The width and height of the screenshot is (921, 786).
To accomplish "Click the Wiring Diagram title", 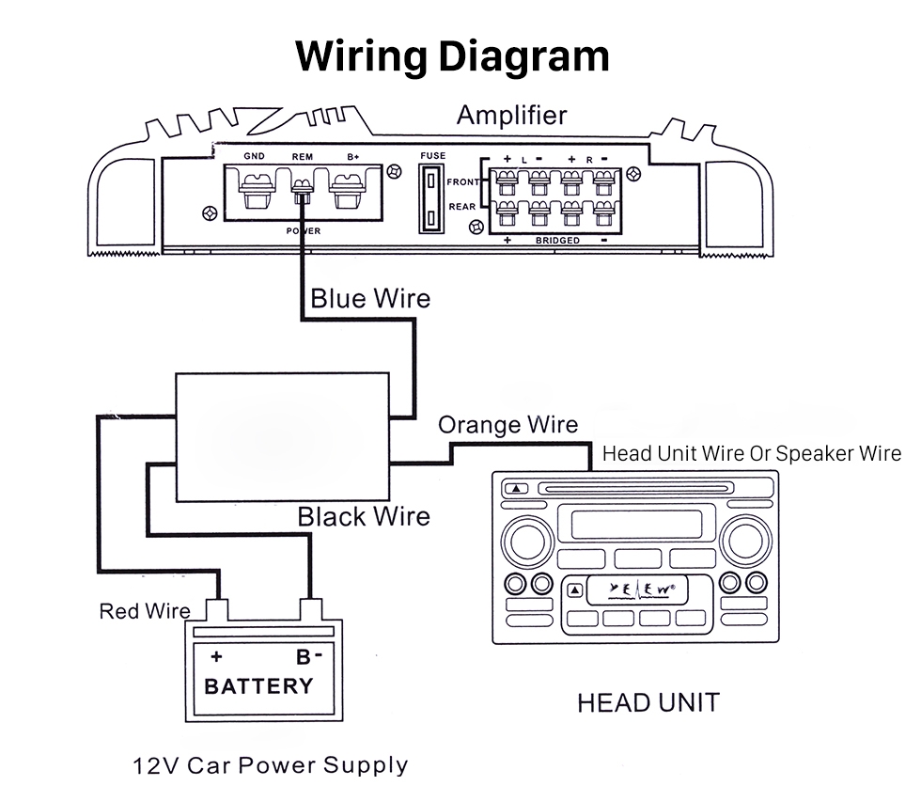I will tap(452, 55).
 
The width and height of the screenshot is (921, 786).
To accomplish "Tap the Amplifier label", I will tap(511, 115).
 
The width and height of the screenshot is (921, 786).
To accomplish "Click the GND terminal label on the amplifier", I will tap(254, 157).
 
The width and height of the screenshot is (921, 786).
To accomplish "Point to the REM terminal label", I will tap(303, 157).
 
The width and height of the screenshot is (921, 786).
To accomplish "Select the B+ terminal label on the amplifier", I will tap(353, 157).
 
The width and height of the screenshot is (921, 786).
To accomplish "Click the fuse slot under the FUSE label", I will tap(431, 198).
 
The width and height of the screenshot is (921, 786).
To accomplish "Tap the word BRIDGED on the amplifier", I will tap(556, 241).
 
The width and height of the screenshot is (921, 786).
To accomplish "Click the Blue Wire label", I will tap(370, 299).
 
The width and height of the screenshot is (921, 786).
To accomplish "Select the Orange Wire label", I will tap(507, 425).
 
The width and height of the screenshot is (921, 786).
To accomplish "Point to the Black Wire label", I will tap(364, 516).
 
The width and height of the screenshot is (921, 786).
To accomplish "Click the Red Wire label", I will tap(145, 612).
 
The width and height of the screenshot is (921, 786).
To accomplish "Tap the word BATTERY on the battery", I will tap(258, 685).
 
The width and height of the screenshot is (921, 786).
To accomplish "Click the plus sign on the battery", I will tap(216, 656).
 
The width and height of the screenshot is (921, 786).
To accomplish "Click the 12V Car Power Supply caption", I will tap(271, 764).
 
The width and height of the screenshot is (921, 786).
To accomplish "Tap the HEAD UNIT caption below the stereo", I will tap(648, 702).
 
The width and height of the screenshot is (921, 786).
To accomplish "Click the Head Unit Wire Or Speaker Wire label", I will tap(751, 453).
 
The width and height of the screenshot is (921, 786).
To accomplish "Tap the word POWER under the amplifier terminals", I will tap(303, 230).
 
